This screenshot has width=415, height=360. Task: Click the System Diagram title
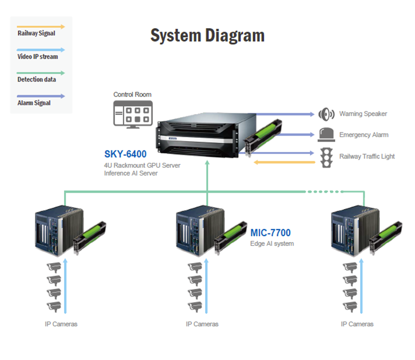pos(207,36)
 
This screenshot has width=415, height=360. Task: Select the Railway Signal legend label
pos(36,33)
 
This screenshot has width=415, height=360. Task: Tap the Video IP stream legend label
pos(37,56)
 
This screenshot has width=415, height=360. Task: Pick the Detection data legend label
pos(36,79)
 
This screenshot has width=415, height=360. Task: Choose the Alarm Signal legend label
pos(34,103)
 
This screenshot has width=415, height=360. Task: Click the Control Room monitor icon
pos(133,115)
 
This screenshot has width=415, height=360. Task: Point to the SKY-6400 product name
pos(125,154)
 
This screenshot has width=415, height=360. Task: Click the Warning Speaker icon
pos(327,114)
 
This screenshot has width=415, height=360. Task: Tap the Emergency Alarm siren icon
pos(327,135)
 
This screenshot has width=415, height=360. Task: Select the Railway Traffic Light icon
pos(327,157)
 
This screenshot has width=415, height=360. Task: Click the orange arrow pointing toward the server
pos(284,162)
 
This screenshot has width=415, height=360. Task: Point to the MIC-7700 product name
pos(271,233)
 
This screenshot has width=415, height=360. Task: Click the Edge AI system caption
pos(272,244)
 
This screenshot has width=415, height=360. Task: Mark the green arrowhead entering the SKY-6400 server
pos(207,163)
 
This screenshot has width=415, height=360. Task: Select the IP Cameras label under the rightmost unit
pos(357,324)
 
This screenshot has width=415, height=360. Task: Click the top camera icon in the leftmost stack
pos(54,267)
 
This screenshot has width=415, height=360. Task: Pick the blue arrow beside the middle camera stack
pos(206,286)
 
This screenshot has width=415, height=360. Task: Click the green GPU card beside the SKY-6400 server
pos(263,137)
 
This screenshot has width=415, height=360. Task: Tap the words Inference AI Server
pos(131,173)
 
